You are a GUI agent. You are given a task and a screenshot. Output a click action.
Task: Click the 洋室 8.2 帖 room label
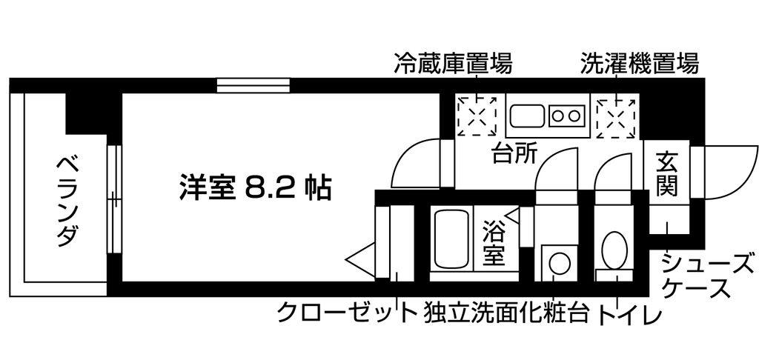point(255,186)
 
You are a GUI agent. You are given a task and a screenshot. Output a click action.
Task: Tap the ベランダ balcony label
point(65,201)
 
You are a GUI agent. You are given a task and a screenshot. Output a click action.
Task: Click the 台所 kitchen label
point(514,154)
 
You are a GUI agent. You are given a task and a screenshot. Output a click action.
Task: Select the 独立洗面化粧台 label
point(507,313)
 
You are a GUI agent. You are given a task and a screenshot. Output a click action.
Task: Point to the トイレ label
point(630,313)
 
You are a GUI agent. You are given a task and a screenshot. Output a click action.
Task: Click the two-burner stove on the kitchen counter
point(566,116)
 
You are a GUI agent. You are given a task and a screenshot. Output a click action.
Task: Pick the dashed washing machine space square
point(615,116)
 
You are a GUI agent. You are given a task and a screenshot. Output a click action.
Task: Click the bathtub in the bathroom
point(451,239)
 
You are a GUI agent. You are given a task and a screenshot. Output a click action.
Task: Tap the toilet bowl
point(614,250)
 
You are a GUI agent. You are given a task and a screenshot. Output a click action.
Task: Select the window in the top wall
point(253,86)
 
